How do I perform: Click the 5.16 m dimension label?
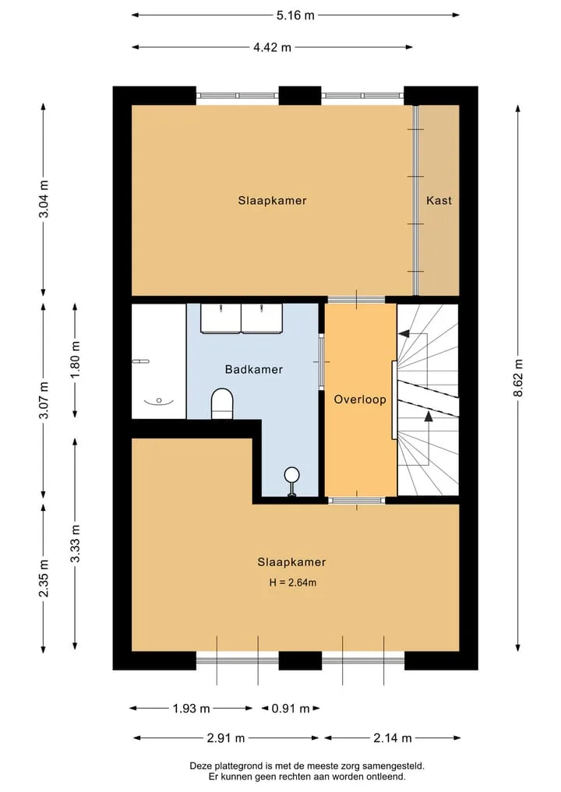pyautogui.click(x=295, y=15)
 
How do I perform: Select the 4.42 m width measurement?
pyautogui.click(x=273, y=48)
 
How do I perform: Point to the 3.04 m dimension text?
pyautogui.click(x=44, y=199)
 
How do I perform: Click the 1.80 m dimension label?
pyautogui.click(x=76, y=360)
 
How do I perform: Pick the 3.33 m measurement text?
pyautogui.click(x=76, y=544)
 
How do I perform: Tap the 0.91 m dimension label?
pyautogui.click(x=291, y=709)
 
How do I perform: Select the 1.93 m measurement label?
pyautogui.click(x=191, y=709)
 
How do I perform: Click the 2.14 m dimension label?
pyautogui.click(x=393, y=738)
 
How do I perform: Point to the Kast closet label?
pyautogui.click(x=439, y=200)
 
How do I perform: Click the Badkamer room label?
pyautogui.click(x=254, y=369)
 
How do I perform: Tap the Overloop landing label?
pyautogui.click(x=360, y=400)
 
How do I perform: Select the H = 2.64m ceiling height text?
pyautogui.click(x=293, y=583)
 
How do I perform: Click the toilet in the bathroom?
pyautogui.click(x=222, y=403)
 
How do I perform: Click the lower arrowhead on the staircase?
pyautogui.click(x=429, y=416)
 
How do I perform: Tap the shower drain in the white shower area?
pyautogui.click(x=159, y=400)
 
